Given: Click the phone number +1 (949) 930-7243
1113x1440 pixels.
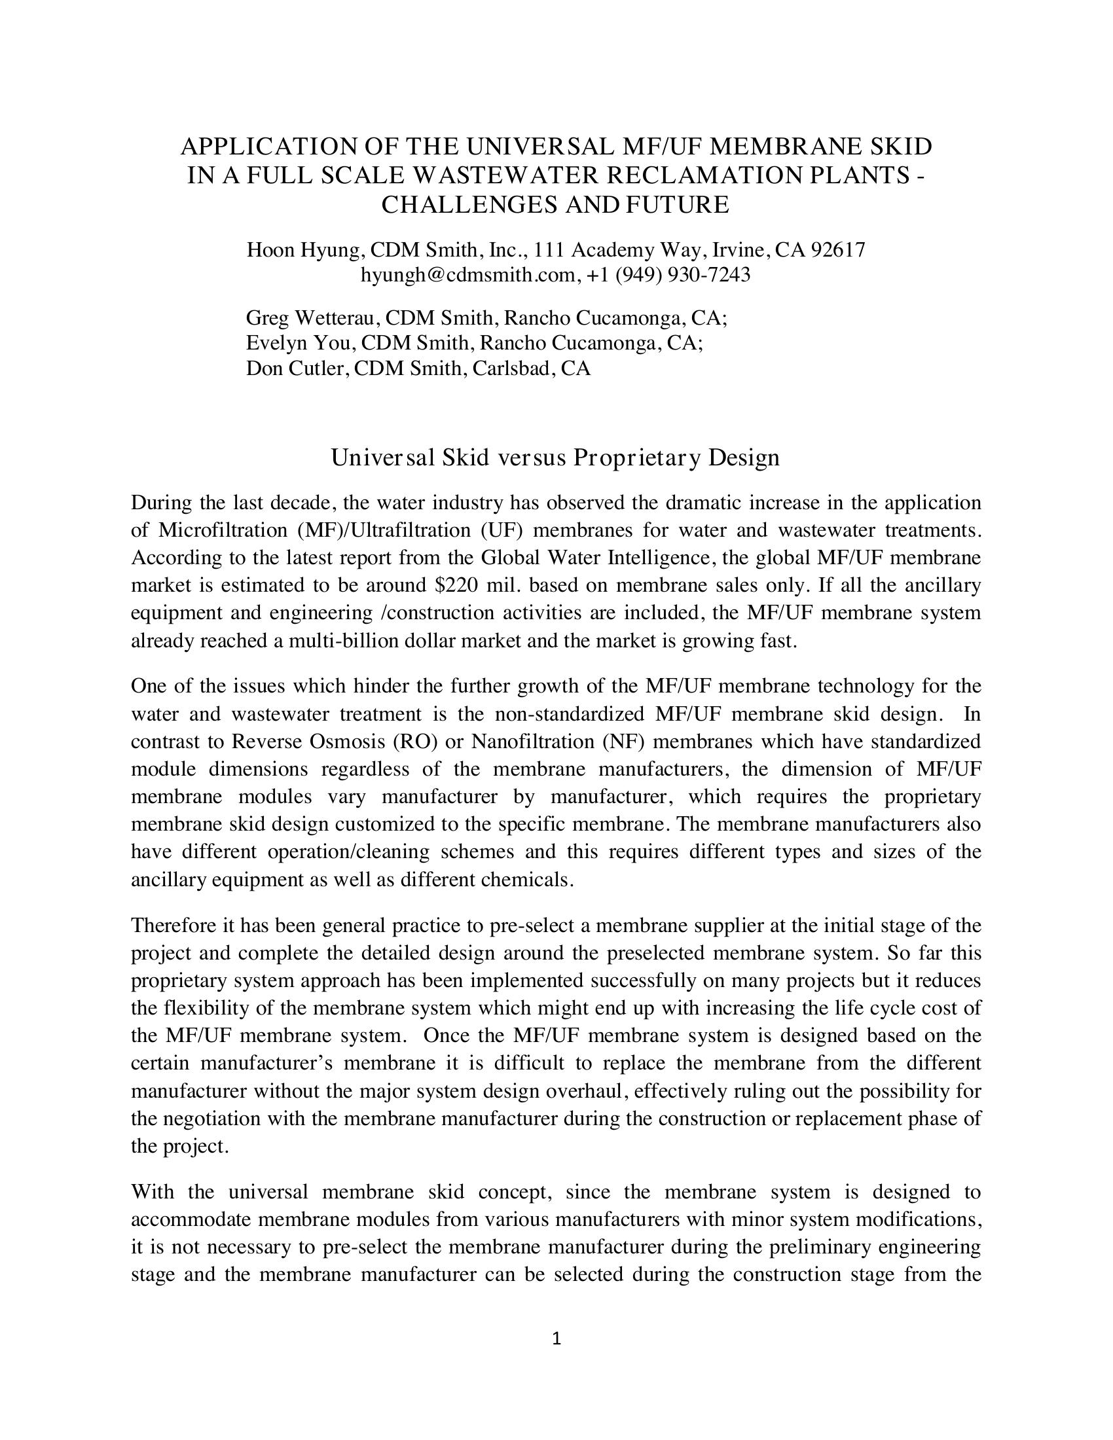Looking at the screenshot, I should point(668,274).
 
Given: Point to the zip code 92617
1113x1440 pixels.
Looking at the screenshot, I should point(837,250).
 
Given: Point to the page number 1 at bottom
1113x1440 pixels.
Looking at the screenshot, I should point(556,1339).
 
